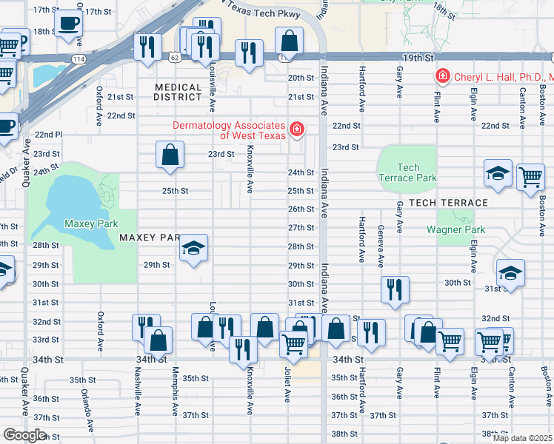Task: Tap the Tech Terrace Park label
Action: (x=407, y=172)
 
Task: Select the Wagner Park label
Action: (x=455, y=229)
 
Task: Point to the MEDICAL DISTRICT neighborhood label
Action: (x=178, y=92)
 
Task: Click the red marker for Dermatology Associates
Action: (x=297, y=129)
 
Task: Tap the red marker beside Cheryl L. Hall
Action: (x=442, y=76)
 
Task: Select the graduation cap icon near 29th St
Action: (x=193, y=248)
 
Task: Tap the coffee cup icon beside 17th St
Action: (x=69, y=22)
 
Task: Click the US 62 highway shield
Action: (x=174, y=56)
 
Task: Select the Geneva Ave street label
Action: (x=381, y=246)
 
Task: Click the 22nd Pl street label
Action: (x=48, y=135)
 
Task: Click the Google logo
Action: (x=24, y=435)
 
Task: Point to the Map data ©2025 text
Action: (x=522, y=438)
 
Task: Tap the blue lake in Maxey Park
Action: (x=70, y=194)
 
